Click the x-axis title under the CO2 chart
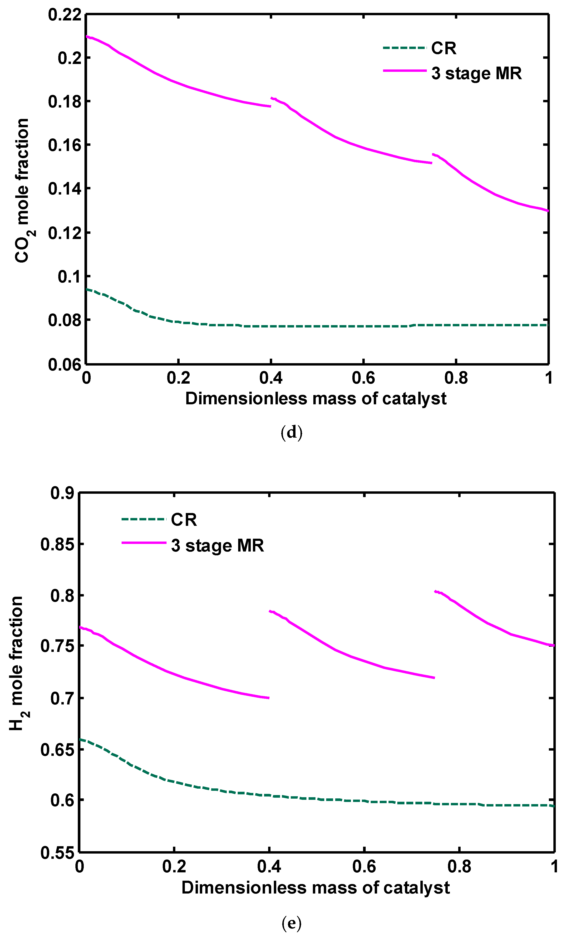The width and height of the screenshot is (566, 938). point(315,399)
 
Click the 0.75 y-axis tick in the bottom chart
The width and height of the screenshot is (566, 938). point(57,646)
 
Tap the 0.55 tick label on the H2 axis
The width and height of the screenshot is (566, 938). point(57,853)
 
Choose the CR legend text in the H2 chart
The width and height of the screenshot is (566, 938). point(184,520)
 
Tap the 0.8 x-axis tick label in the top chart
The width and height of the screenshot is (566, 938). point(456,378)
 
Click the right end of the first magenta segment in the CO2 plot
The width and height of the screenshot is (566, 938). point(271,107)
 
